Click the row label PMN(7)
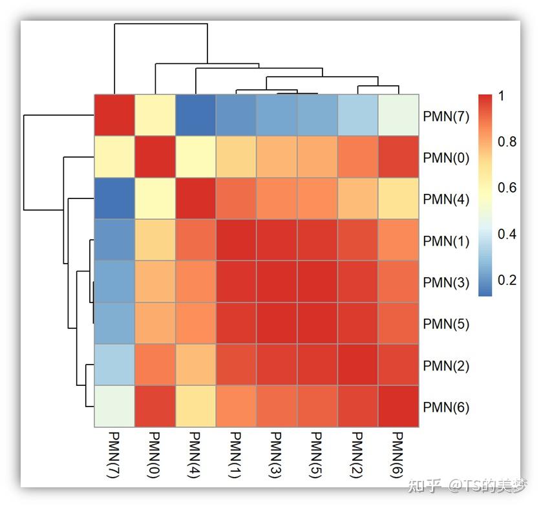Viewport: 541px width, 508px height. pos(446,116)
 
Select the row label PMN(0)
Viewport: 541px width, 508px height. pos(446,158)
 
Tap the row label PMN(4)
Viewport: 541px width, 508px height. pos(446,199)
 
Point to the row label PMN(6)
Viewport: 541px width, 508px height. pos(446,407)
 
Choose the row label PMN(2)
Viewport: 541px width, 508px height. pos(446,366)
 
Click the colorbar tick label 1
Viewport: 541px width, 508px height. pos(502,96)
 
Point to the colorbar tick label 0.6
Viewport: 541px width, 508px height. pos(507,188)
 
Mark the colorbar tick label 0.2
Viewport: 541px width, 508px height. pos(507,280)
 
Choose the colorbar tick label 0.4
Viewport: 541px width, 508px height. pos(507,234)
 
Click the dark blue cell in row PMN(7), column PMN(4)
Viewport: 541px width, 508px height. pos(195,116)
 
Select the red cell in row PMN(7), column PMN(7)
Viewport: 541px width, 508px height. pos(114,116)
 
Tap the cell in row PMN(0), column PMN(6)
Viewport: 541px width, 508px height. pos(398,157)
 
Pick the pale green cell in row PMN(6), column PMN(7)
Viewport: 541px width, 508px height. pos(114,407)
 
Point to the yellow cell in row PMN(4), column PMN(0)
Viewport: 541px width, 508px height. pos(154,198)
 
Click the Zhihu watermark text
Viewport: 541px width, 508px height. pos(467,486)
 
